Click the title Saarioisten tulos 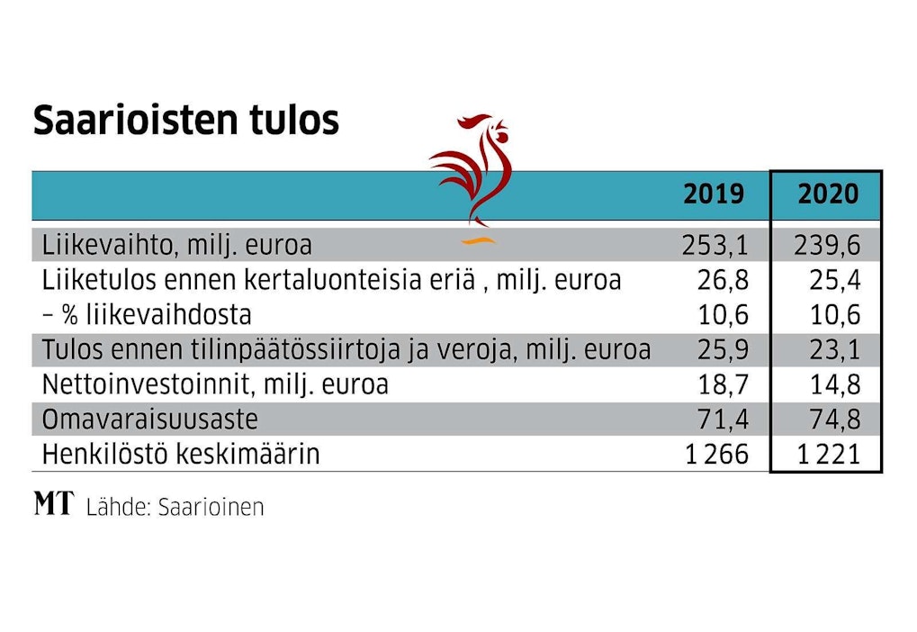[185, 121]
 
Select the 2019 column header [714, 194]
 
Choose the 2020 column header [828, 194]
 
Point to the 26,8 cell [723, 280]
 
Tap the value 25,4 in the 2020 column [836, 280]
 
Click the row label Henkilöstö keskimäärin [181, 455]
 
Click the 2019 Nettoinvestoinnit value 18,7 [723, 385]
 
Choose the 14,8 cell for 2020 [836, 385]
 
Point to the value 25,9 [723, 349]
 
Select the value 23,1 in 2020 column [836, 349]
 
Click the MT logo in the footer [55, 505]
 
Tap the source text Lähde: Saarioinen [175, 507]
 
